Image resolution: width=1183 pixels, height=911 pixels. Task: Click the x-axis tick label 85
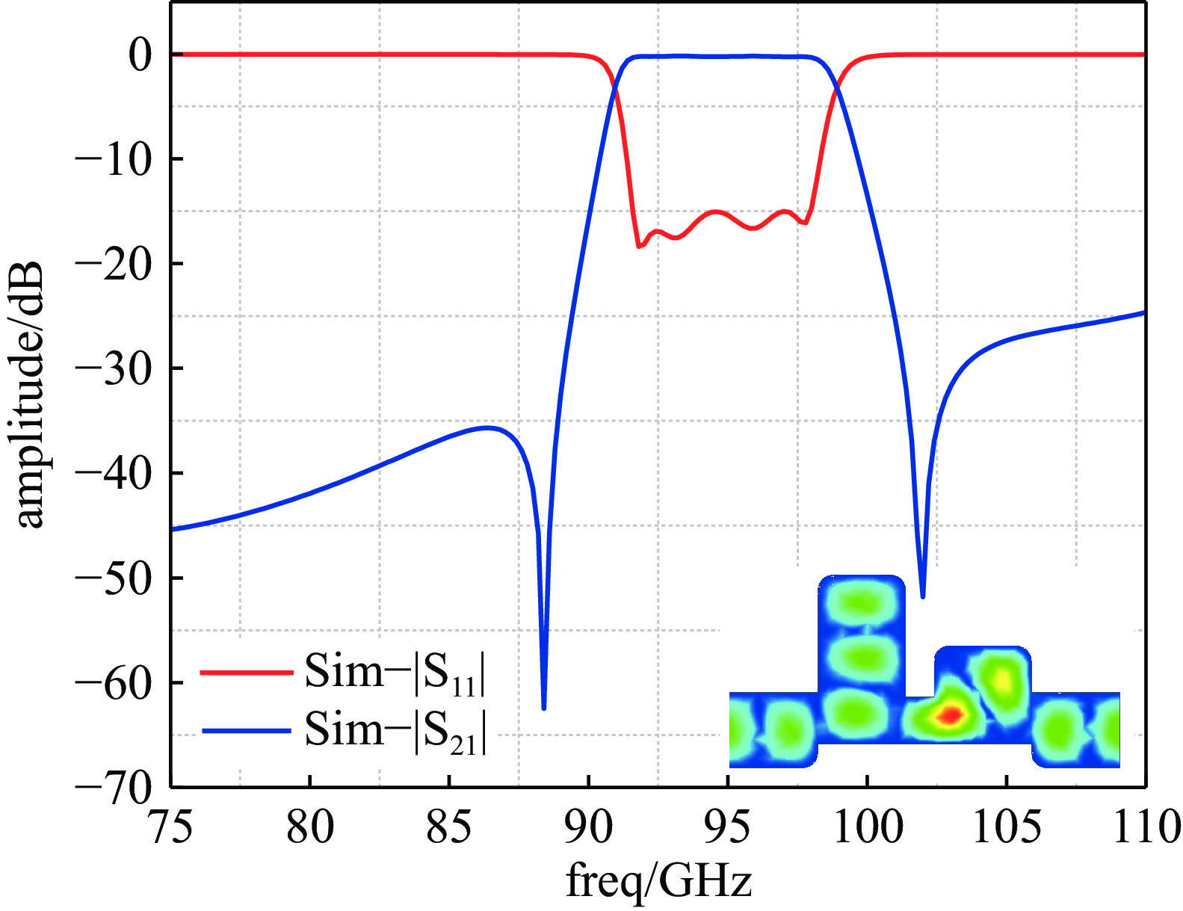[448, 828]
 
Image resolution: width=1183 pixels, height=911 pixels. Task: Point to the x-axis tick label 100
[867, 828]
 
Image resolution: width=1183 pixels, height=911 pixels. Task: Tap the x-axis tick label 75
[171, 828]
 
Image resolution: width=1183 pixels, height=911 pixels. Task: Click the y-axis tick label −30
[113, 368]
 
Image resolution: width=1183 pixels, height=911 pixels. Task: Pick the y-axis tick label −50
[113, 578]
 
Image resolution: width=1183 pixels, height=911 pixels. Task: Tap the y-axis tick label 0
[140, 55]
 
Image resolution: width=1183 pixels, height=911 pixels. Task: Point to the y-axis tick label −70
[113, 786]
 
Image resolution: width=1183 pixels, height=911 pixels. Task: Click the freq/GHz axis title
[658, 881]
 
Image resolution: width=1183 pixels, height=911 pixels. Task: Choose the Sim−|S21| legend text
[395, 730]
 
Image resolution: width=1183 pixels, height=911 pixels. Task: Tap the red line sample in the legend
[246, 673]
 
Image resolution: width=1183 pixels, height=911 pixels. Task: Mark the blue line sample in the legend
[246, 730]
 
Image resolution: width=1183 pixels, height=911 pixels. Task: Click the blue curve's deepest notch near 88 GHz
[543, 706]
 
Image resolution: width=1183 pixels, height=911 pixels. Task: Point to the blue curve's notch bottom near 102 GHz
[923, 596]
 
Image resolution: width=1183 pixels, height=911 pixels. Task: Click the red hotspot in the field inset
[949, 715]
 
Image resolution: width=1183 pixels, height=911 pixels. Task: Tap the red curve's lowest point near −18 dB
[639, 246]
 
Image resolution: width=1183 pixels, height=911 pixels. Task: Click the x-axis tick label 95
[727, 828]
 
